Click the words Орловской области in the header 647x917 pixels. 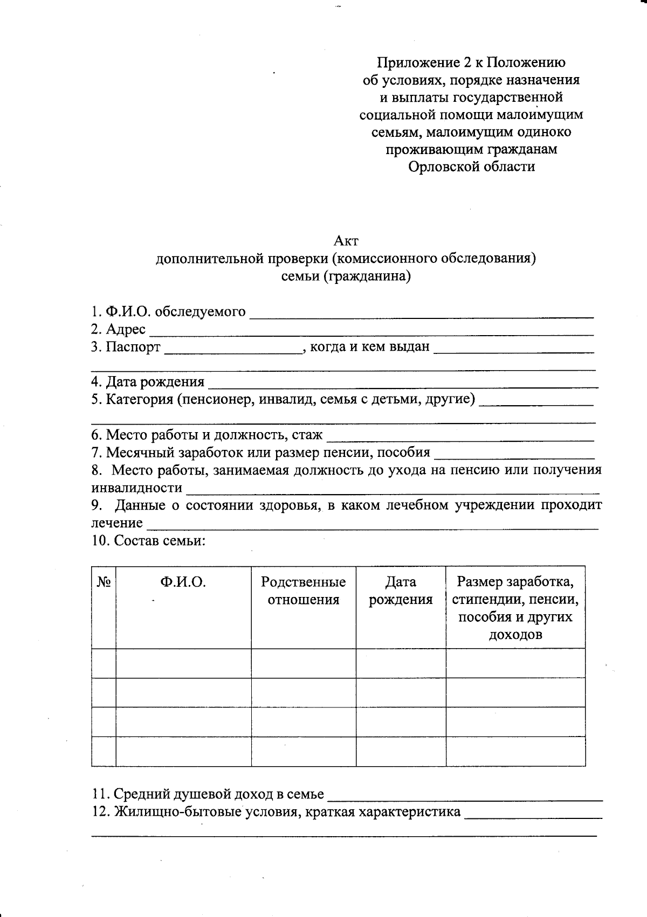[x=471, y=166]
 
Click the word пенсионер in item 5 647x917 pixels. [x=217, y=399]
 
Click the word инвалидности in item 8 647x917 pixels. [x=136, y=488]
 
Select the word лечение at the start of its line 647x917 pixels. [x=117, y=523]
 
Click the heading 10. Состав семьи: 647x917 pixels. [x=148, y=540]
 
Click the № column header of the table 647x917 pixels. [x=104, y=582]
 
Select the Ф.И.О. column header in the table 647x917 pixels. [x=183, y=582]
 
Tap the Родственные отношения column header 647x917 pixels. [x=304, y=591]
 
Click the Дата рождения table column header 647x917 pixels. [x=401, y=591]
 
